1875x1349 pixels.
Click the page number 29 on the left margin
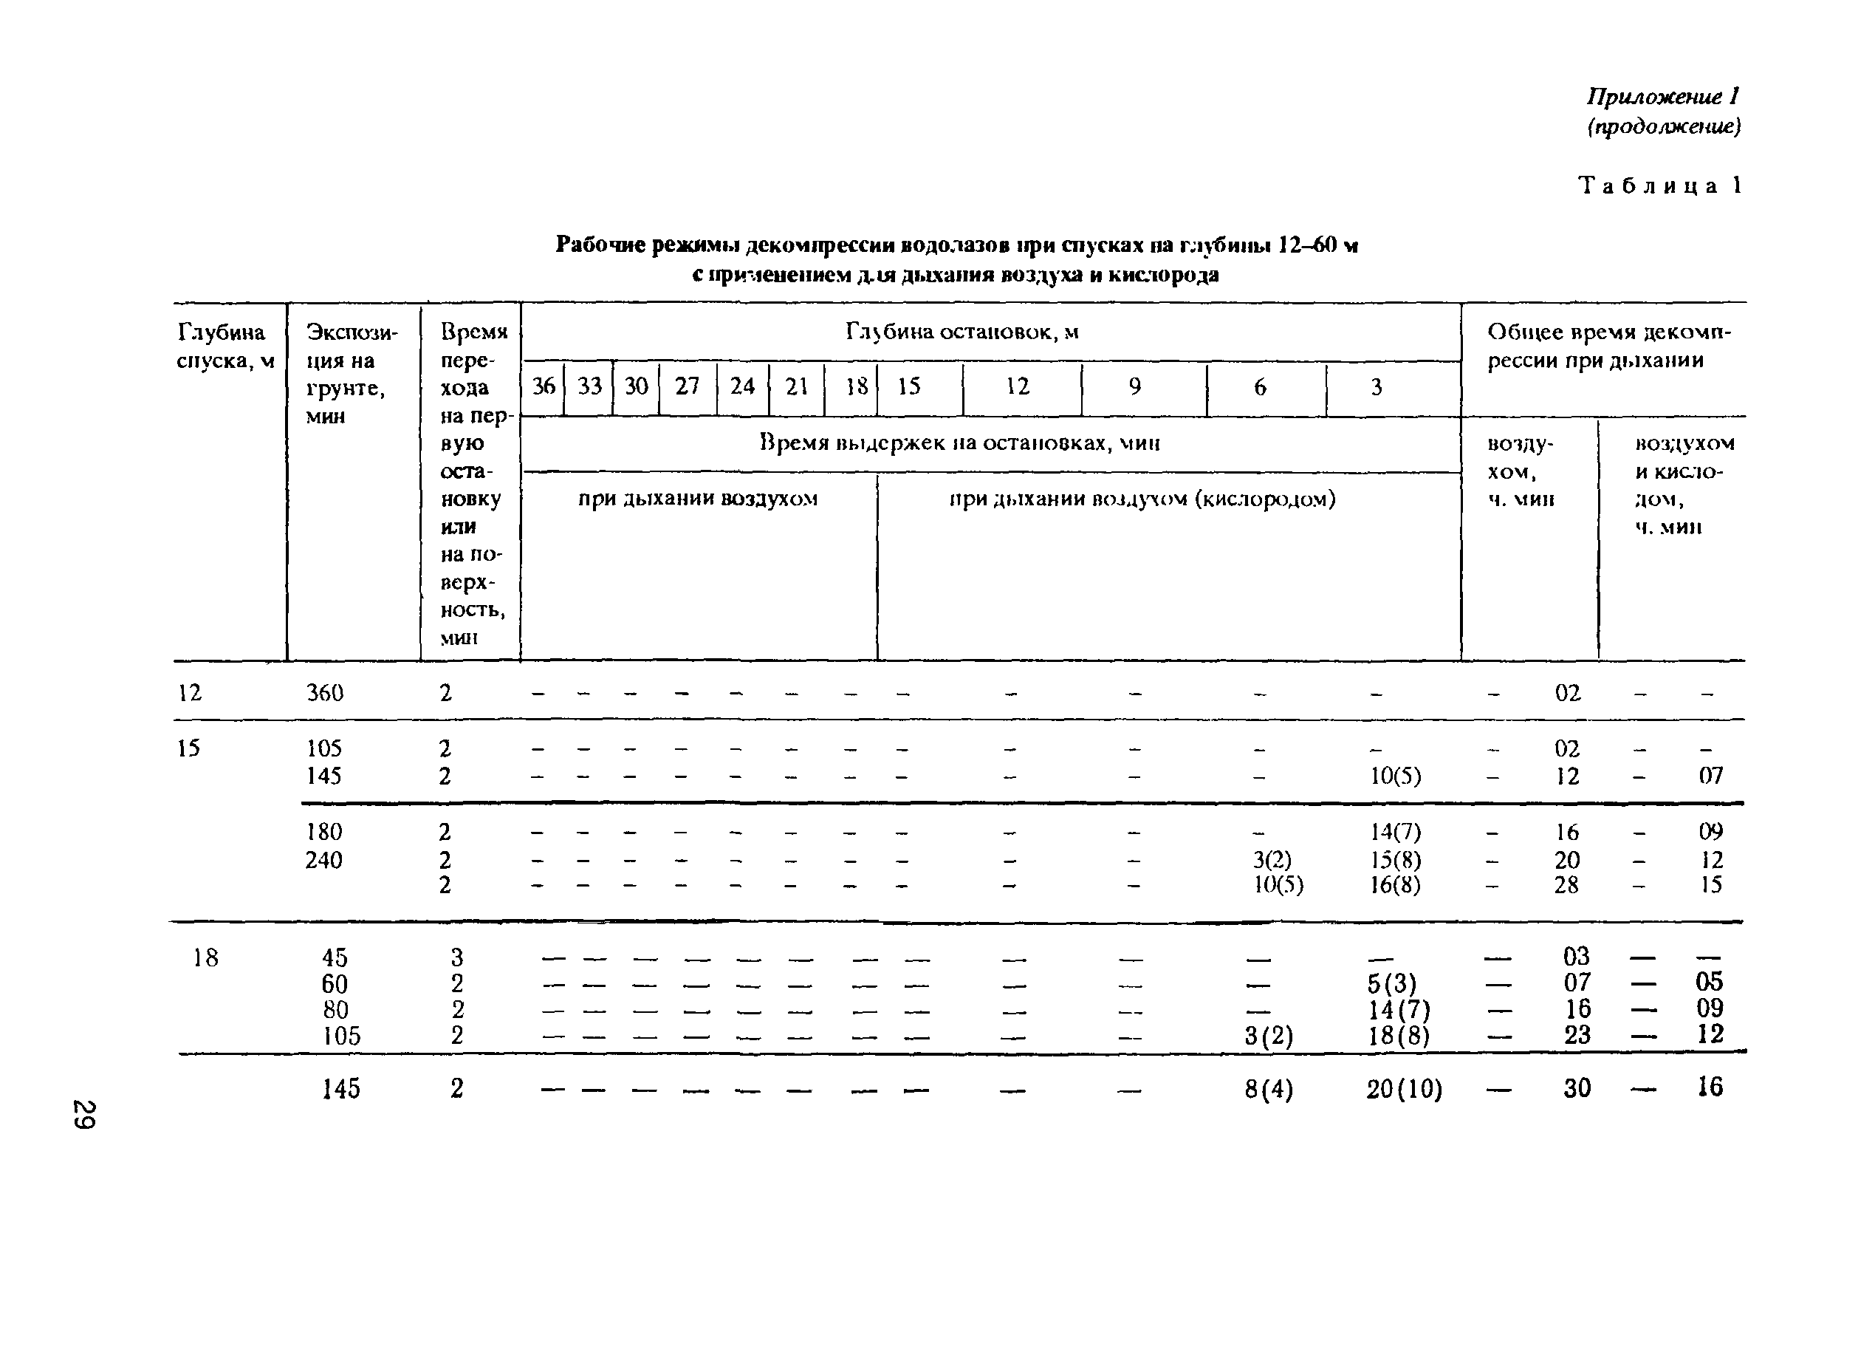click(x=84, y=1114)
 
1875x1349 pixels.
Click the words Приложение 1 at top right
click(x=1662, y=97)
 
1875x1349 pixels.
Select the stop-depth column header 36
click(x=544, y=386)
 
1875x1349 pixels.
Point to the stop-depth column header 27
click(x=687, y=386)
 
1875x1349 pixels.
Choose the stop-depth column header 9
click(x=1135, y=386)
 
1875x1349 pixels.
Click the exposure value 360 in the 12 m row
click(x=324, y=693)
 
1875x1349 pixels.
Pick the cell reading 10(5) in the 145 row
click(x=1396, y=776)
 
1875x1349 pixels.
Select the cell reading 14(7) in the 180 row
click(x=1396, y=831)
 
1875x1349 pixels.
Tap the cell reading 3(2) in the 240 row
click(x=1272, y=860)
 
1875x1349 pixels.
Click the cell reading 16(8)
click(x=1396, y=886)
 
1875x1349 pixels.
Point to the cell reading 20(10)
click(x=1404, y=1089)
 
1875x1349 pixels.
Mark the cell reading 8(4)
click(x=1268, y=1089)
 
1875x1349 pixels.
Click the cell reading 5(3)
click(x=1391, y=983)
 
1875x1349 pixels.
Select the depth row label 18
click(x=205, y=957)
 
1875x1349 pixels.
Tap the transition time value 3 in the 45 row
click(x=457, y=957)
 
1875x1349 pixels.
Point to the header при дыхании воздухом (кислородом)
click(x=1142, y=499)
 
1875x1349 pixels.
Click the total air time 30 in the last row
click(x=1577, y=1088)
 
